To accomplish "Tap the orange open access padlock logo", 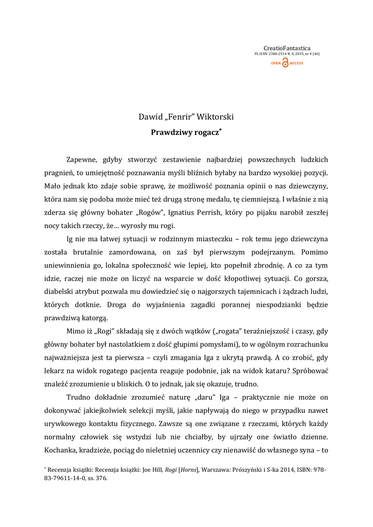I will click(285, 63).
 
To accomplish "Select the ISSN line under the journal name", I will click(287, 54).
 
